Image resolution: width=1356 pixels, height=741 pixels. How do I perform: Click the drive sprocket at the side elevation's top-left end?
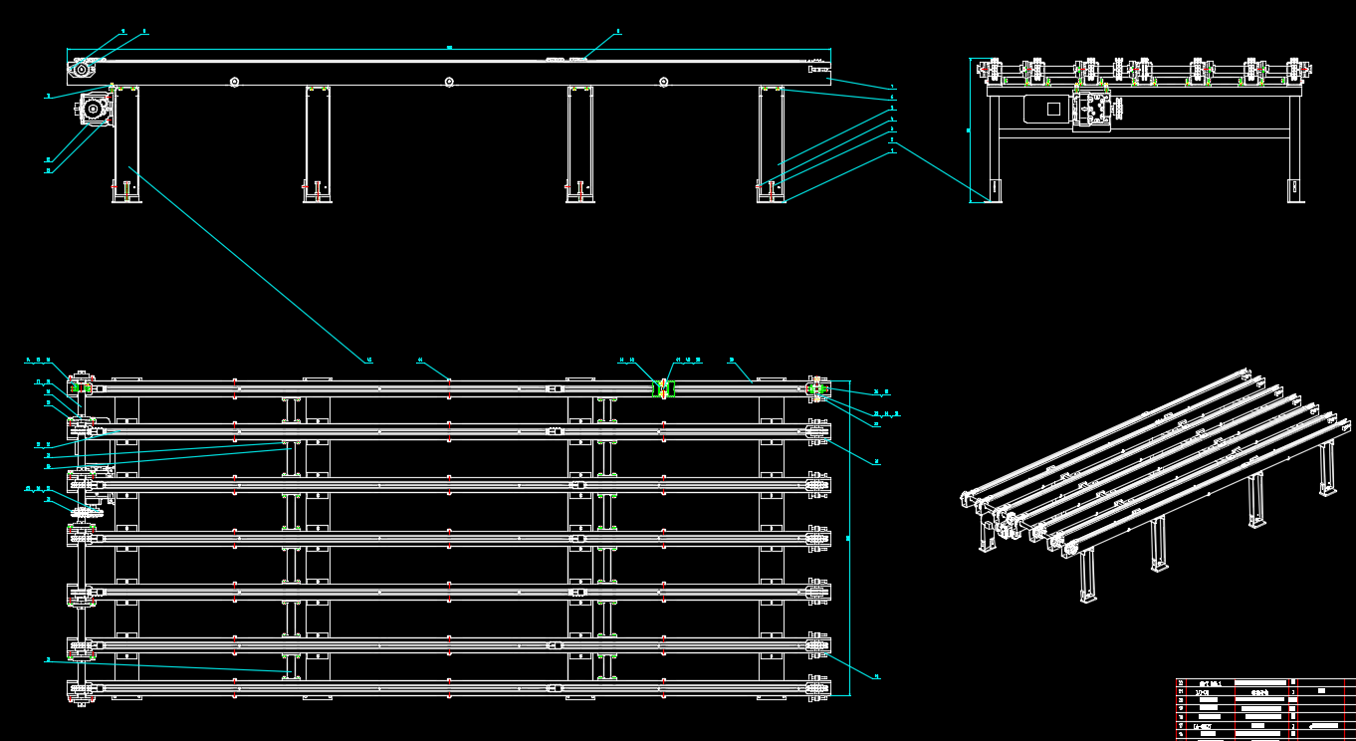[x=81, y=70]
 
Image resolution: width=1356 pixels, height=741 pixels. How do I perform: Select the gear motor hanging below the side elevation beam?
[x=95, y=109]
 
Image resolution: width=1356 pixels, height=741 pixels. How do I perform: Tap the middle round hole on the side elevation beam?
[x=449, y=82]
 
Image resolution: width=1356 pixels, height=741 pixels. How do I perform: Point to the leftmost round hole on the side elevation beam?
[x=234, y=82]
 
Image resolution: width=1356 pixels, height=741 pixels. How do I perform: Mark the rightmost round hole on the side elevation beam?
[x=664, y=82]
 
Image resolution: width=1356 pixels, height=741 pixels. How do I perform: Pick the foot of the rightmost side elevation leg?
[x=772, y=198]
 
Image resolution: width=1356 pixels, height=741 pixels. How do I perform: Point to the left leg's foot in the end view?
[x=996, y=188]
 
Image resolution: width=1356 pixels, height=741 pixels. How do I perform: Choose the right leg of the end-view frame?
[x=1295, y=149]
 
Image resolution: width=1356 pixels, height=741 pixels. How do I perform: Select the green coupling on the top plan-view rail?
[x=663, y=388]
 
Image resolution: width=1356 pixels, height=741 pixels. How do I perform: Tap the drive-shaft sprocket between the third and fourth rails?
[x=87, y=512]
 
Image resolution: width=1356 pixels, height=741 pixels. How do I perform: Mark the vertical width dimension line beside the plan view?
[x=849, y=538]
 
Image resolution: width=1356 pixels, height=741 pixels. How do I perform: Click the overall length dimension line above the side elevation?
[x=448, y=49]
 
